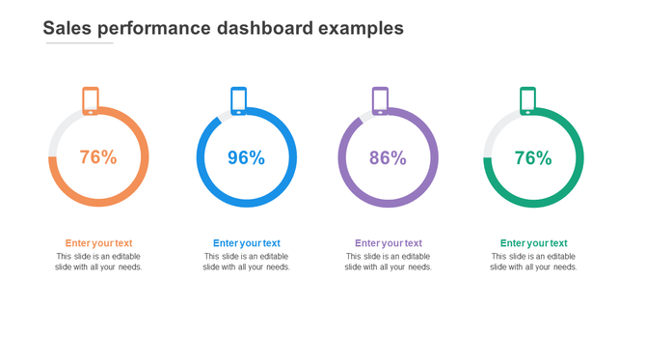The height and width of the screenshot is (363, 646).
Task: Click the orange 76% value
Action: click(x=98, y=157)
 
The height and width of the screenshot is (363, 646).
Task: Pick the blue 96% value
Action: click(x=246, y=157)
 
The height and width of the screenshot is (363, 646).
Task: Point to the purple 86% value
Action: click(x=388, y=157)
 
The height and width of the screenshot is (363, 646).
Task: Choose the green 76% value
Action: click(x=533, y=157)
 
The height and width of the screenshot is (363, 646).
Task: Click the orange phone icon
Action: click(x=91, y=100)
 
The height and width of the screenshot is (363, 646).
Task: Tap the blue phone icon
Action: click(x=238, y=100)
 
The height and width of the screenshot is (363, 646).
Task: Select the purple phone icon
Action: click(x=381, y=100)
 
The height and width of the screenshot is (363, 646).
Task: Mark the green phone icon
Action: click(x=527, y=100)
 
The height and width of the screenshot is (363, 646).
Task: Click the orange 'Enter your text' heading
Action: click(x=98, y=243)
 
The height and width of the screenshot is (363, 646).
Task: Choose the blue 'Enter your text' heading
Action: click(x=246, y=243)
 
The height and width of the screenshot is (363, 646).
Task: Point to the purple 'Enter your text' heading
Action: click(x=388, y=243)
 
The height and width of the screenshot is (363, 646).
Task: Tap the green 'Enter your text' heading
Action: click(x=533, y=243)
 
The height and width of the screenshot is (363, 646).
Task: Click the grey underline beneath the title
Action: click(x=79, y=42)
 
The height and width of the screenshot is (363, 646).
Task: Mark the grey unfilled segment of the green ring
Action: click(x=493, y=130)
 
